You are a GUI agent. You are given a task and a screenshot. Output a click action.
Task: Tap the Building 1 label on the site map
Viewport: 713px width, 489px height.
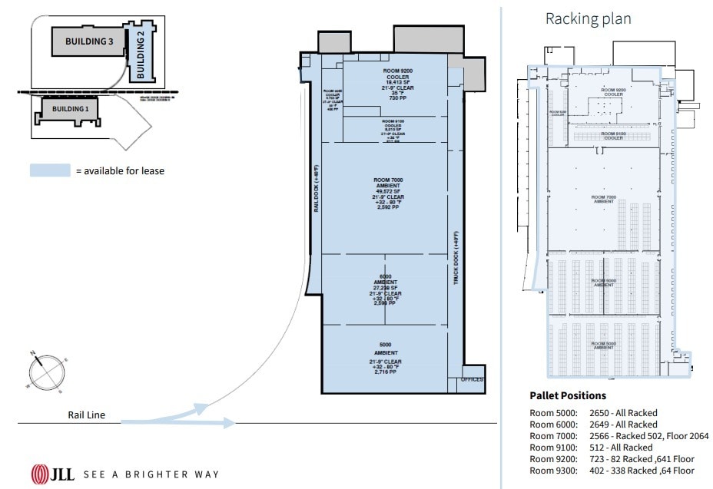[65, 109]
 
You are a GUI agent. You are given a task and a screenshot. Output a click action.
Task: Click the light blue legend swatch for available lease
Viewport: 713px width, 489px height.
[49, 170]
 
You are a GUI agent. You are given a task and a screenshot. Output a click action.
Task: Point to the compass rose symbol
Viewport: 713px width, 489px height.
[45, 372]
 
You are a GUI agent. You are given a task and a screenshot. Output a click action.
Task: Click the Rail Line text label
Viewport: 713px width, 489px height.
[85, 415]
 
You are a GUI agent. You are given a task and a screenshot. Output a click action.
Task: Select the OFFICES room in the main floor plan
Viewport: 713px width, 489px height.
[472, 380]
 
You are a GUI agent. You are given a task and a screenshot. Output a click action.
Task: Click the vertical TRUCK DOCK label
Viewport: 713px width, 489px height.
[455, 259]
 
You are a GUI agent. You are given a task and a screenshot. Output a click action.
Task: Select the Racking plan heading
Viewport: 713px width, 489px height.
[588, 18]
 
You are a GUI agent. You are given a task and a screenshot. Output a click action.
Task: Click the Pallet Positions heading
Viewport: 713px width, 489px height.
[568, 395]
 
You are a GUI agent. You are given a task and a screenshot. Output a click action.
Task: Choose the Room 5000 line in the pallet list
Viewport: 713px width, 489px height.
[593, 412]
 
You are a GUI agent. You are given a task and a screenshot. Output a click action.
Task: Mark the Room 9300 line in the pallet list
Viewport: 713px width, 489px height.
[612, 470]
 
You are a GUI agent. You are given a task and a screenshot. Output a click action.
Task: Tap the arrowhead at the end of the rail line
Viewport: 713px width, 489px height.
[228, 422]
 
